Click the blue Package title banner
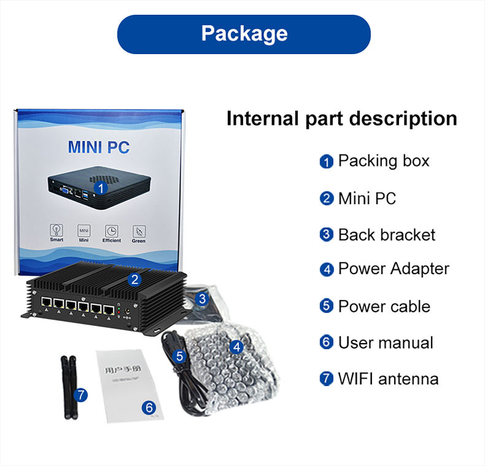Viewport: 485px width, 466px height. pyautogui.click(x=244, y=34)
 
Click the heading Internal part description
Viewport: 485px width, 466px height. pyautogui.click(x=341, y=118)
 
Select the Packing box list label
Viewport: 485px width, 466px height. pyautogui.click(x=384, y=161)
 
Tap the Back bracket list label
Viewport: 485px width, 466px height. pyautogui.click(x=386, y=235)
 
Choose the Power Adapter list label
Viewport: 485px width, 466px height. pyautogui.click(x=394, y=269)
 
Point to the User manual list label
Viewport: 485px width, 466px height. pyautogui.click(x=386, y=342)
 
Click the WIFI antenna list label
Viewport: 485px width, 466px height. pyautogui.click(x=388, y=379)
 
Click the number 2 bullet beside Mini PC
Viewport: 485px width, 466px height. pyautogui.click(x=326, y=199)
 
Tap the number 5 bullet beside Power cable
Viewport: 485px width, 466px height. pyautogui.click(x=326, y=306)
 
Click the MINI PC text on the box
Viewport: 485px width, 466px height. pyautogui.click(x=98, y=148)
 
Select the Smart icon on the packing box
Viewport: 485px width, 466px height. pyautogui.click(x=56, y=231)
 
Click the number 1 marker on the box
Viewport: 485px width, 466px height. pyautogui.click(x=100, y=187)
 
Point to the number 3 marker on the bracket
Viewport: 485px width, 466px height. pyautogui.click(x=203, y=299)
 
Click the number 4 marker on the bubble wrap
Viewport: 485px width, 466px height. pyautogui.click(x=237, y=347)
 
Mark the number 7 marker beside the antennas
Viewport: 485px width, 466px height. pyautogui.click(x=81, y=395)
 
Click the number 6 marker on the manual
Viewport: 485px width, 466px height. pyautogui.click(x=149, y=407)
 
